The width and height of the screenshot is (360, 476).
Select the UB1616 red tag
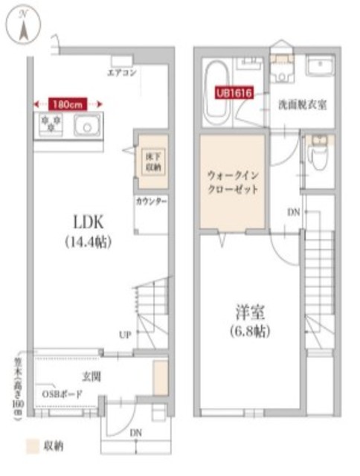234,93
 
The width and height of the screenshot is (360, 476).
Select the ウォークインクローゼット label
232,183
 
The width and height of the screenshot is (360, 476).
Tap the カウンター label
151,202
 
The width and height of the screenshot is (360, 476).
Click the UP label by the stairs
126,335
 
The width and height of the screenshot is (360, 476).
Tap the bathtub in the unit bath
217,93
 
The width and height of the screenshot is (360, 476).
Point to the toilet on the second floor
318,154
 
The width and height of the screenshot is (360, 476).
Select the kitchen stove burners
51,124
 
